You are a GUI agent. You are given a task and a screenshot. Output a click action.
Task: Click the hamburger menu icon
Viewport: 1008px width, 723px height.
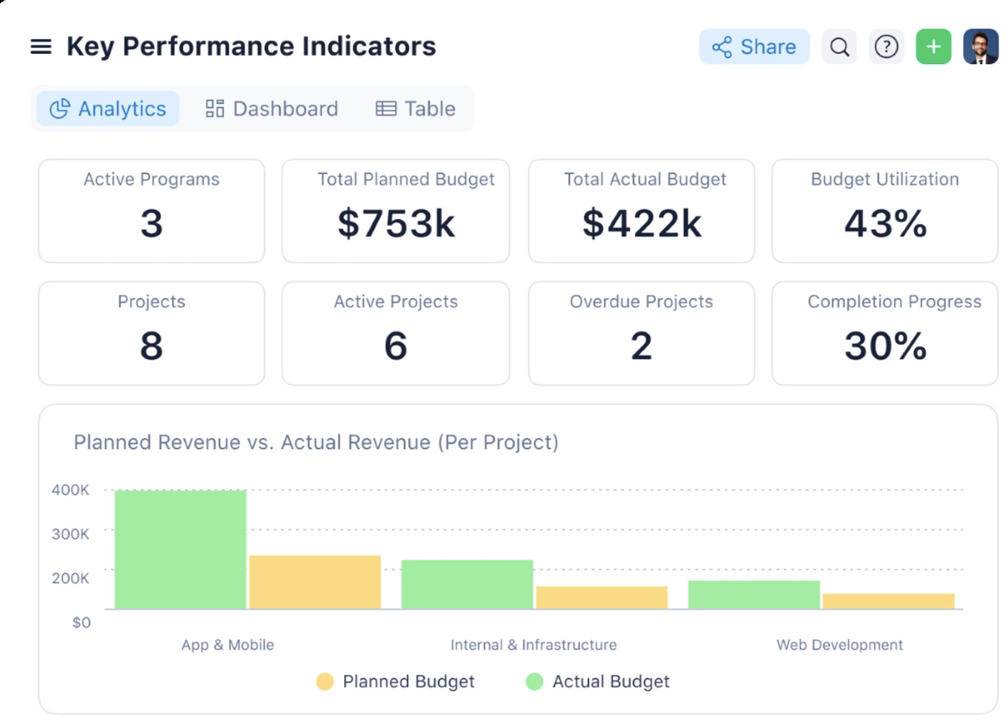pos(41,47)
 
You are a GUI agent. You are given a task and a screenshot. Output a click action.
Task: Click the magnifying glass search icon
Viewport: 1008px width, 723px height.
pos(840,47)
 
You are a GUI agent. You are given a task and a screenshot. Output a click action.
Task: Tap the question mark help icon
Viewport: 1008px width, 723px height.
pos(886,47)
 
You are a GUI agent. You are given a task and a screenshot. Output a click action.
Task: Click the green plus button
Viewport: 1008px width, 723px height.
pos(934,47)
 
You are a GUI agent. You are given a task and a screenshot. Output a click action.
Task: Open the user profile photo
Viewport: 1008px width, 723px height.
pos(981,47)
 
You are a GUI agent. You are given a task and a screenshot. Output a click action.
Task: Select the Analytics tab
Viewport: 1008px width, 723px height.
pos(108,109)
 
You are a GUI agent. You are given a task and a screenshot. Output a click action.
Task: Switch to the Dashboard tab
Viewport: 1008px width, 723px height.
pos(271,109)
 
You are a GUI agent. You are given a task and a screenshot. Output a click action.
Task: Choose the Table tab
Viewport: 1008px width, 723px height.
pos(416,109)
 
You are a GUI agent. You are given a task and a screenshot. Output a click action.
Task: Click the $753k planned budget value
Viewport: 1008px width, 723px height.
pos(396,223)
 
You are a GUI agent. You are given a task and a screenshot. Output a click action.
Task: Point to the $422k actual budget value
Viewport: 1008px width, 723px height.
pos(642,223)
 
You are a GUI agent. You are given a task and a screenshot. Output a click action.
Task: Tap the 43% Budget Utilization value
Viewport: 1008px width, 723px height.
pos(886,223)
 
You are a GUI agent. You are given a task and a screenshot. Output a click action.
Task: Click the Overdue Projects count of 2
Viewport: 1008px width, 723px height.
pos(642,346)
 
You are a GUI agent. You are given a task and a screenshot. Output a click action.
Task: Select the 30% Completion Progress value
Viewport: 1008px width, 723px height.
pos(886,346)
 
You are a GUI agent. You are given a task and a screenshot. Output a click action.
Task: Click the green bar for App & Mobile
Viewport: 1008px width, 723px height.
pos(181,550)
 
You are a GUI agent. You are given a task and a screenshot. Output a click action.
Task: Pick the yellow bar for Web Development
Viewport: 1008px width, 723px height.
pos(888,601)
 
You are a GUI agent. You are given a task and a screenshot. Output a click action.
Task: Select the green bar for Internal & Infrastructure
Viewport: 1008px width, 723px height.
pos(467,584)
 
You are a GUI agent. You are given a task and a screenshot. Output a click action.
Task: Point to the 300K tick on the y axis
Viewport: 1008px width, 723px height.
pos(71,534)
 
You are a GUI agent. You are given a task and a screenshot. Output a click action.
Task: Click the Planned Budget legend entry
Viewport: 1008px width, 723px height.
pos(396,681)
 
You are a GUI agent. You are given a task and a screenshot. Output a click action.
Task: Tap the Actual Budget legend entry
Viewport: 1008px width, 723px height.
pos(598,681)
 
